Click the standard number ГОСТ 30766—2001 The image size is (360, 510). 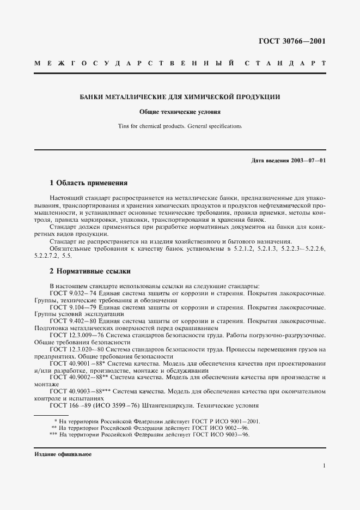pyautogui.click(x=292, y=41)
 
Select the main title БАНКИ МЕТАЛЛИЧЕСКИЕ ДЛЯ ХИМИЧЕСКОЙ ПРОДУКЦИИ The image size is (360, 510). pyautogui.click(x=180, y=97)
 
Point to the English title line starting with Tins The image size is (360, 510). pyautogui.click(x=180, y=126)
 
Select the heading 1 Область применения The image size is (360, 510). pyautogui.click(x=88, y=183)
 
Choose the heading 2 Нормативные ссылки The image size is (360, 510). pyautogui.click(x=90, y=271)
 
